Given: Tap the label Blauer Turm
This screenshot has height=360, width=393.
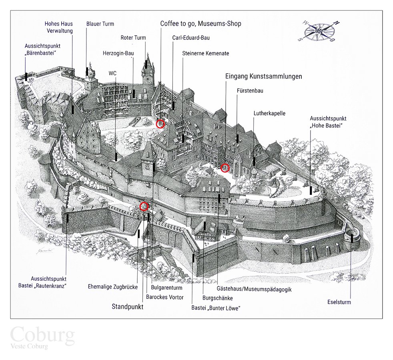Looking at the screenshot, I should click(100, 24).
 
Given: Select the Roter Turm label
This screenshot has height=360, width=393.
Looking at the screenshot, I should click(133, 38).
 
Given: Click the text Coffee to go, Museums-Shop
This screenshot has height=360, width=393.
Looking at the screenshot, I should click(201, 24).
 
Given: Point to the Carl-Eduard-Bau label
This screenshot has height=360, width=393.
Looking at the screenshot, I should click(191, 38).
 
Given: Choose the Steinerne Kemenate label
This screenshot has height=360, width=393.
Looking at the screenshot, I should click(206, 53).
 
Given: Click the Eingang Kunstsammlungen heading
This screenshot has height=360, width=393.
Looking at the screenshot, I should click(263, 76).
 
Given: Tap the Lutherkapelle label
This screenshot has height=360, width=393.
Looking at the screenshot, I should click(269, 114).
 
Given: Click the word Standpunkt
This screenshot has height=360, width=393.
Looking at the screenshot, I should click(127, 307).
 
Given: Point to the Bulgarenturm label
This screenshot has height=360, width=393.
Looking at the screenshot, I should click(167, 288).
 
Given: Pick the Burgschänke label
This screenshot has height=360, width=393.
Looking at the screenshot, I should click(218, 298).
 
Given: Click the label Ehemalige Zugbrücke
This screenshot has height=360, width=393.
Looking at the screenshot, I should click(113, 287).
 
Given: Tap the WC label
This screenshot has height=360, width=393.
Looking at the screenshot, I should click(112, 73).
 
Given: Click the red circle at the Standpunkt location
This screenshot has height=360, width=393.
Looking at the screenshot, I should click(144, 206).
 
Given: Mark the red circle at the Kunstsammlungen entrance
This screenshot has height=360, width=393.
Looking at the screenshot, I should click(225, 168).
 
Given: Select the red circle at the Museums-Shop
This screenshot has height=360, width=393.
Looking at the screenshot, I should click(160, 124).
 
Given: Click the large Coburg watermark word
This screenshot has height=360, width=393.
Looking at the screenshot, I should click(42, 334).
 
